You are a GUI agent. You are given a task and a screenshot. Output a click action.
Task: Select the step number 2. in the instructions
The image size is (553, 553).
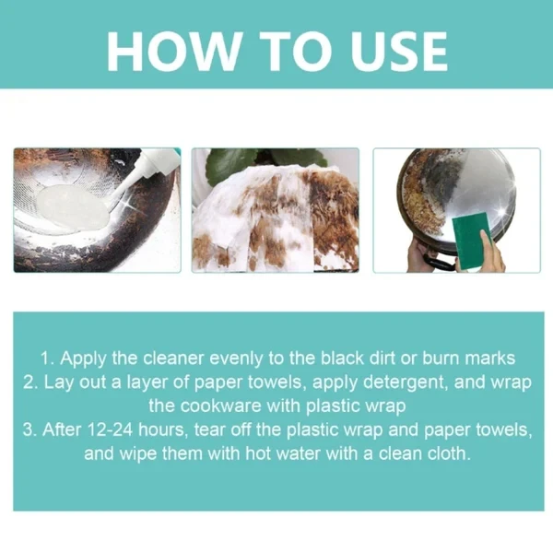(x=31, y=382)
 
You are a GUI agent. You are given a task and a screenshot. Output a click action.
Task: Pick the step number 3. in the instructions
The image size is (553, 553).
(x=33, y=430)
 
